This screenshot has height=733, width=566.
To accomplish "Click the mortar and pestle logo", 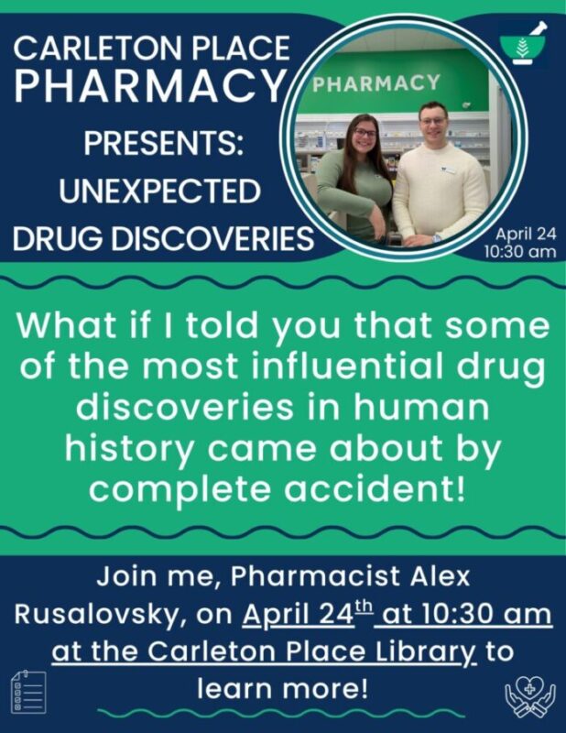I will (x=525, y=44).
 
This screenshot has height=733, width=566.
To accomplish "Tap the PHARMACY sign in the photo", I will (x=376, y=83).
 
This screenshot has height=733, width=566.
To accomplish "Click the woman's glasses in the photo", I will (x=364, y=133).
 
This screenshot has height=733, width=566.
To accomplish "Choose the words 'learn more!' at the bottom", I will (x=283, y=686).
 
